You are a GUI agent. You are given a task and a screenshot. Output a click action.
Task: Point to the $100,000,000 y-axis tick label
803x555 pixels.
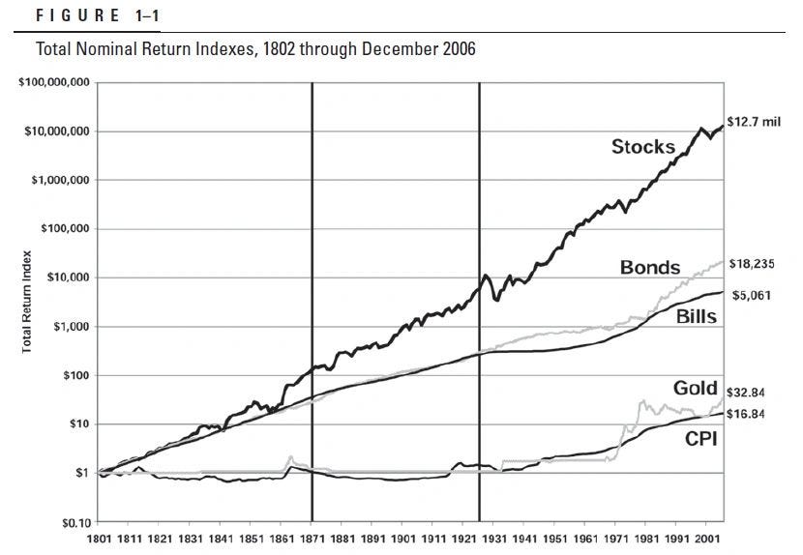pyautogui.click(x=54, y=83)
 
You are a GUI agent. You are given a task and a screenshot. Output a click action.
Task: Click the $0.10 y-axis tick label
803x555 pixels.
pyautogui.click(x=74, y=521)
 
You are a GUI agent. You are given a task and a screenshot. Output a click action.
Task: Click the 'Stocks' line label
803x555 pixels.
pyautogui.click(x=642, y=147)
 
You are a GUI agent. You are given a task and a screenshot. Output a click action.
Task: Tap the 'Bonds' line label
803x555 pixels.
pyautogui.click(x=651, y=267)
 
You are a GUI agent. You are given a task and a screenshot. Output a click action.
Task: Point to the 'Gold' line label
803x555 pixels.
pyautogui.click(x=694, y=389)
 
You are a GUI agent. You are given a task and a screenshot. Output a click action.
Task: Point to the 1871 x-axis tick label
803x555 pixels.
pyautogui.click(x=312, y=539)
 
